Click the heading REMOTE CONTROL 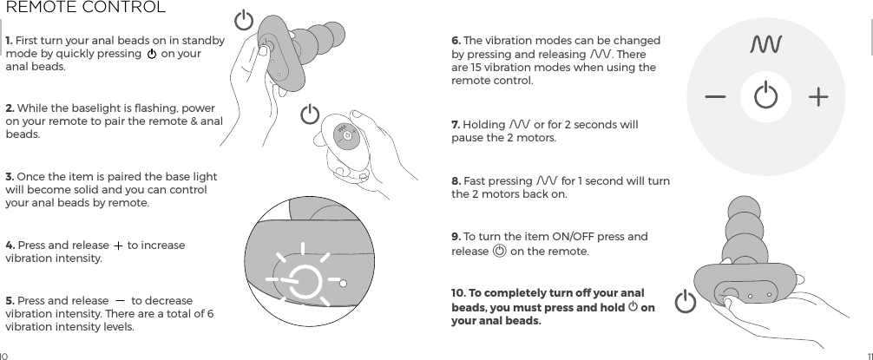tap(85, 9)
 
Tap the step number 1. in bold tap(10, 41)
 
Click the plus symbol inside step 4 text tap(117, 245)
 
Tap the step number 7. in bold tap(456, 125)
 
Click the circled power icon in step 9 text tap(499, 252)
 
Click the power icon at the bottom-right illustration tap(686, 303)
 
